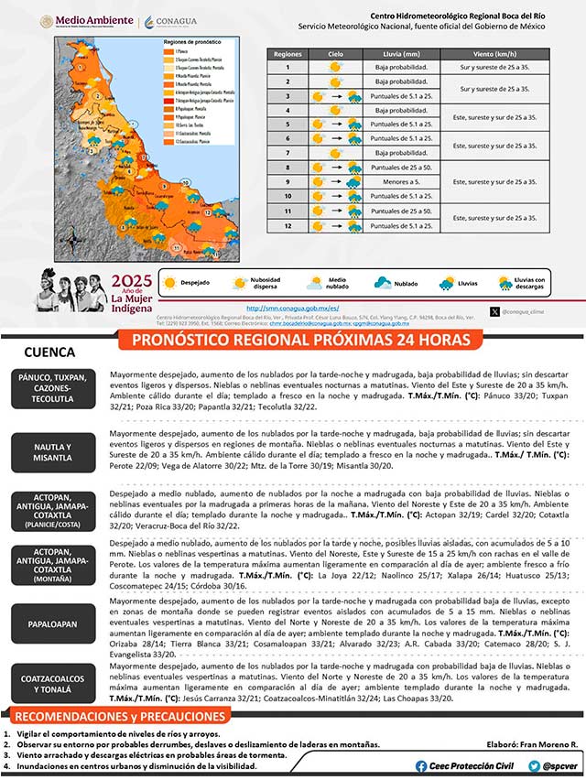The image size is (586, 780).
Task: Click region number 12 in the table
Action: pyautogui.click(x=287, y=225)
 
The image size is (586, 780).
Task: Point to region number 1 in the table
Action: pyautogui.click(x=287, y=68)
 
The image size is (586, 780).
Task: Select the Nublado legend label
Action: pyautogui.click(x=407, y=283)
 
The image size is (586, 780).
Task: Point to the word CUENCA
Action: pyautogui.click(x=49, y=352)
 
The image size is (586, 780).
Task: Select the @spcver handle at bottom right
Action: pyautogui.click(x=559, y=765)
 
